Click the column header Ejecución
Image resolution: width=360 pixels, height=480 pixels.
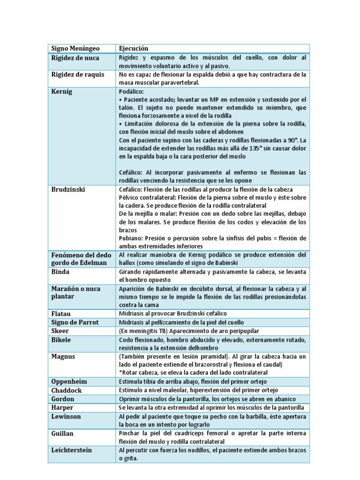coord(134,48)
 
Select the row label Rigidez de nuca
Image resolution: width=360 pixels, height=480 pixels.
coord(75,58)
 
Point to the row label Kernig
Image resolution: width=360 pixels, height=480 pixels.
coord(61,91)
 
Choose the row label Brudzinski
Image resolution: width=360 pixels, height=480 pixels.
coord(68,189)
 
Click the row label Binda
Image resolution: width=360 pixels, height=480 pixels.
coord(60,272)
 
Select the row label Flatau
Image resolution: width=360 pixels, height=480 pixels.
coord(61,313)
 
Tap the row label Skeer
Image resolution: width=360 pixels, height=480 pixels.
coord(60,330)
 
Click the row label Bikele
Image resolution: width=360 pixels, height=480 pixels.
coord(61,339)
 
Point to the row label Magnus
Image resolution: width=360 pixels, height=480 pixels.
coord(63,356)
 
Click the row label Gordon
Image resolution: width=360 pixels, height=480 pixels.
coord(63,399)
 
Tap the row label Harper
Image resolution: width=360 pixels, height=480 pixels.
coord(62,407)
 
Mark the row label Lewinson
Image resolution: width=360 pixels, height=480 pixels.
coord(66,416)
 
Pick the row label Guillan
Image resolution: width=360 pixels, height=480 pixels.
coord(64,433)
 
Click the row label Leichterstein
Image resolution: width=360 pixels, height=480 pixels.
coord(71,450)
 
